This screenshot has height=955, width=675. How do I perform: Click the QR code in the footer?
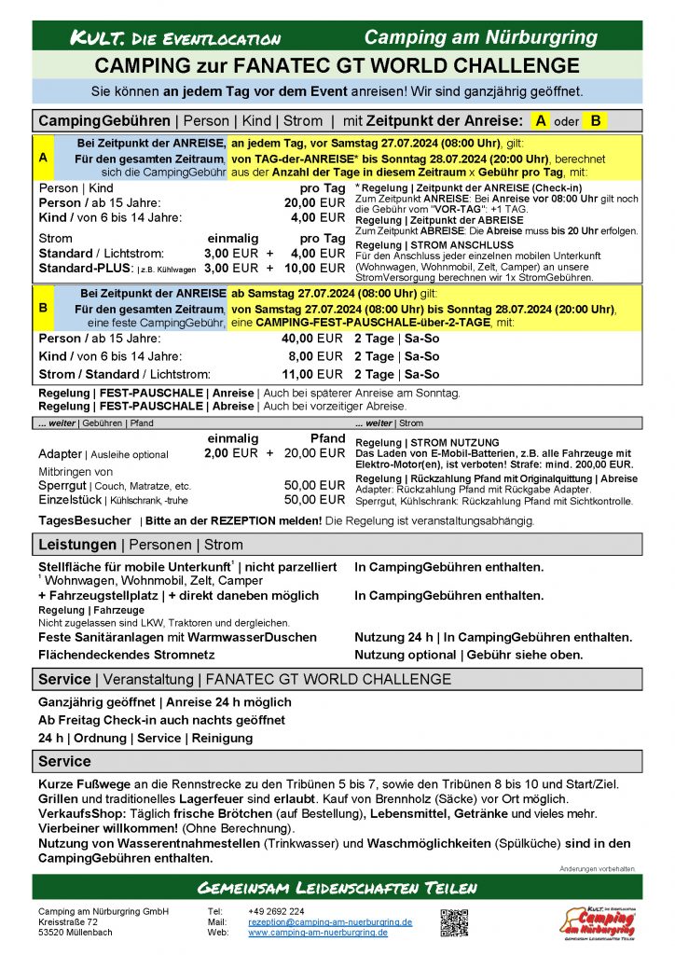453,921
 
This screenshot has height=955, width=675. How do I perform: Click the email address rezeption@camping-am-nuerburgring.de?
330,921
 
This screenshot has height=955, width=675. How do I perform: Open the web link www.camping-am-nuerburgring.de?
317,932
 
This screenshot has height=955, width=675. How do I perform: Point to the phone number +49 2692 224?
276,911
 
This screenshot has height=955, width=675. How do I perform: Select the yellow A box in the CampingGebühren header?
541,120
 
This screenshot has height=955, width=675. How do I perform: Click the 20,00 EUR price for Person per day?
314,202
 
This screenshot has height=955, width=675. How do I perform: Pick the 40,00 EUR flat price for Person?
312,339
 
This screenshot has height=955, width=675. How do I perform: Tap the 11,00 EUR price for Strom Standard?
312,374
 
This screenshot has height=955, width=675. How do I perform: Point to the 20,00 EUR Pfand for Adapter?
314,453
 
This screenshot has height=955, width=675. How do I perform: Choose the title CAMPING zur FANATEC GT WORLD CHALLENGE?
337,65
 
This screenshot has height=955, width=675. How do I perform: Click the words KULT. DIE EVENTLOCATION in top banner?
175,38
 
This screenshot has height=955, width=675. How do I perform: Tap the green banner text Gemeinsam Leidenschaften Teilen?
337,886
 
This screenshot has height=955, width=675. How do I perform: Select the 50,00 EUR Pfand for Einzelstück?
314,500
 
